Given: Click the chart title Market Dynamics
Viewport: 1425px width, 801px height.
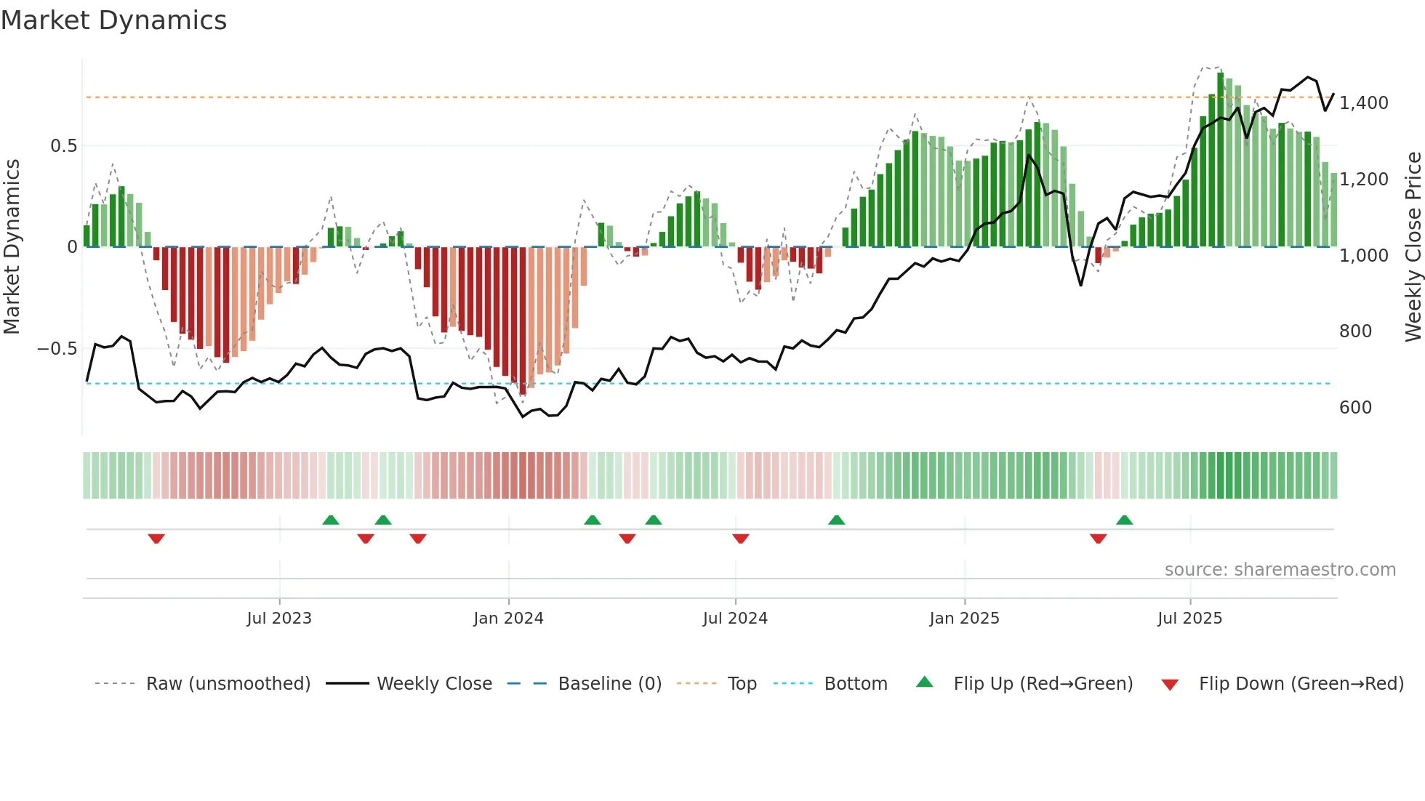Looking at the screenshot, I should coord(113,20).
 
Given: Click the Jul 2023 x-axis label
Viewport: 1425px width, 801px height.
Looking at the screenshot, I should coord(279,619).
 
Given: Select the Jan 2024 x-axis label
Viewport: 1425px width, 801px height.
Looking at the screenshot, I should coord(508,619).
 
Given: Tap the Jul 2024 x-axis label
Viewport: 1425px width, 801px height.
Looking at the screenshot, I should coord(735,619).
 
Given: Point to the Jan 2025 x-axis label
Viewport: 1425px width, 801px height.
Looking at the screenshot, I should coord(964,619).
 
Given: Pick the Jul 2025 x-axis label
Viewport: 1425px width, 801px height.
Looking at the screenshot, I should coord(1189,619).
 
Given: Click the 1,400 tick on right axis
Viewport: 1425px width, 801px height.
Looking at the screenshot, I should coord(1364,103).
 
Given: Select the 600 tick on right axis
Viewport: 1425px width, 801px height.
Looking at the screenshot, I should coord(1355,408).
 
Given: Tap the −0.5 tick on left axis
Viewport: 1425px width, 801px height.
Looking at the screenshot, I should coord(57,349).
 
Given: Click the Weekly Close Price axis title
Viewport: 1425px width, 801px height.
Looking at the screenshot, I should coord(1413,246).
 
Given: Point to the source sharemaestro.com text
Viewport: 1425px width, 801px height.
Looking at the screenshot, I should coord(1280,570).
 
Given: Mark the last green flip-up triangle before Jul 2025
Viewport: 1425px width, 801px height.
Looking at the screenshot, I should coord(1124,520).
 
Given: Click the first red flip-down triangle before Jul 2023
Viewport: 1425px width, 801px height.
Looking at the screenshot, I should coord(156,539).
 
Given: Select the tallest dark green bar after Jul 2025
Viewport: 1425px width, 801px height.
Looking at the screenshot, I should coord(1221,160).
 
